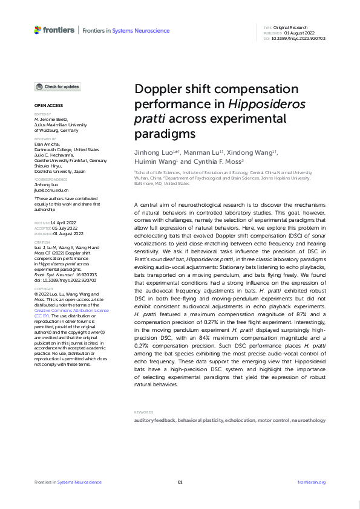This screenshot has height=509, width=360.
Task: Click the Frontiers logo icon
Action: pyautogui.click(x=38, y=30)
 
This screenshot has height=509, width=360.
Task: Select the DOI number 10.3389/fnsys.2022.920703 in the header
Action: pyautogui.click(x=298, y=37)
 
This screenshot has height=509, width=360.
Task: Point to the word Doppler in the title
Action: pyautogui.click(x=159, y=89)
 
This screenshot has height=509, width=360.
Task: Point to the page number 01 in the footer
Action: pyautogui.click(x=180, y=482)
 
